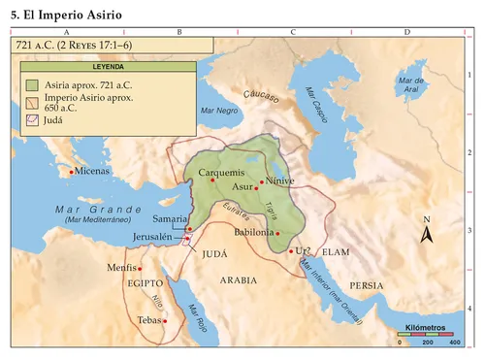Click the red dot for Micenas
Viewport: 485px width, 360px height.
pyautogui.click(x=72, y=173)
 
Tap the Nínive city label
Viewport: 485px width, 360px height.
pyautogui.click(x=278, y=180)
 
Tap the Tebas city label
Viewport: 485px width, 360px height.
pyautogui.click(x=148, y=319)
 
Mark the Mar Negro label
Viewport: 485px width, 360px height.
pyautogui.click(x=218, y=112)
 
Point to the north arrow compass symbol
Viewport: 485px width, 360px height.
pyautogui.click(x=425, y=232)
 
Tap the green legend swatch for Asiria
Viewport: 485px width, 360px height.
pyautogui.click(x=32, y=84)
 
